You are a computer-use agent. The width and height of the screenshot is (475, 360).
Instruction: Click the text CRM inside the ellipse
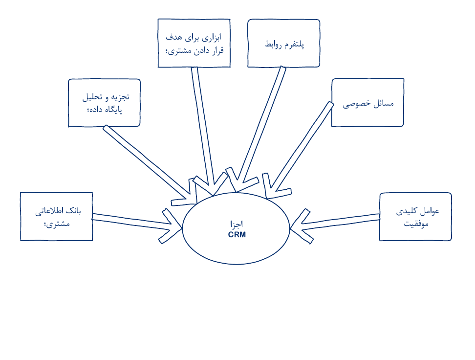tap(237, 235)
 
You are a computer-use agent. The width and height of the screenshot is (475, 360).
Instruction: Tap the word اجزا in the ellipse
tap(237, 224)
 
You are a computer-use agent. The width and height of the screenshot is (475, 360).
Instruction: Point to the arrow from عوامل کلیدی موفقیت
tap(336, 224)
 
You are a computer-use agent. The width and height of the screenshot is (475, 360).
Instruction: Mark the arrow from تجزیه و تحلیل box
tap(149, 164)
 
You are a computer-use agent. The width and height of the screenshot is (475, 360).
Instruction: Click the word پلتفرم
tap(295, 45)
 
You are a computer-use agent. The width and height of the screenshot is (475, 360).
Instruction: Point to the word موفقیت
tap(416, 224)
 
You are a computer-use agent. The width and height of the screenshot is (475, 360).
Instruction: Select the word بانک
tap(74, 211)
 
